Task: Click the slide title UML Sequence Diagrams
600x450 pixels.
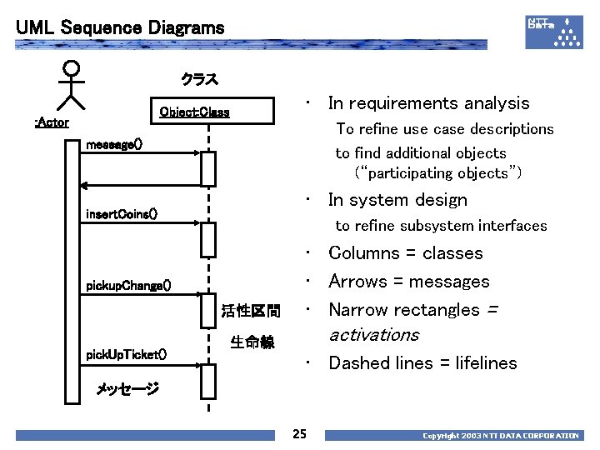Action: (120, 27)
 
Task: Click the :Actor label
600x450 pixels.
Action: (52, 122)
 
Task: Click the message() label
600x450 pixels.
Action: (114, 144)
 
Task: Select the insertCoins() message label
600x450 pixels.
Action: (122, 214)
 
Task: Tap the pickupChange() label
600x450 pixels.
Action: (129, 286)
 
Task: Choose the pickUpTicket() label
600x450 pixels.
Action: (127, 355)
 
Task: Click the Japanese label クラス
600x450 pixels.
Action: (200, 80)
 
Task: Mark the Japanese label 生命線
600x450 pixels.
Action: (252, 342)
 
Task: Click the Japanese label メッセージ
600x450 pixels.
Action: (127, 388)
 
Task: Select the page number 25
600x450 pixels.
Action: (300, 433)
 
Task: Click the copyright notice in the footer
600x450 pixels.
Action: (500, 436)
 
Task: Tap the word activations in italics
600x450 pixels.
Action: (374, 335)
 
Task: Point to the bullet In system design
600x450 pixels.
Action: (397, 200)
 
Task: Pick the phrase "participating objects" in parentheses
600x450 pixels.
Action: (438, 173)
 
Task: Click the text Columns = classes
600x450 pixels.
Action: (406, 253)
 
